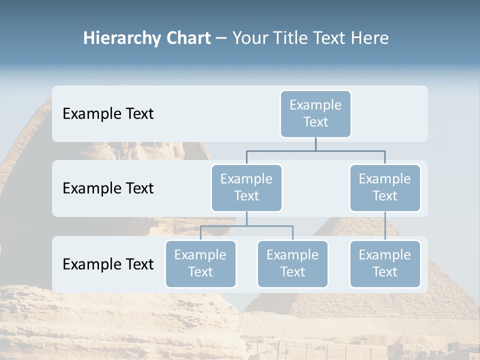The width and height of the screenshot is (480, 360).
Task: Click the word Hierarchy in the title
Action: tap(121, 38)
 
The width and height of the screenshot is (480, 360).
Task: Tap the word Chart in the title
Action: tap(188, 38)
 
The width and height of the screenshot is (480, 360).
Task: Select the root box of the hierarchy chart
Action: tap(315, 113)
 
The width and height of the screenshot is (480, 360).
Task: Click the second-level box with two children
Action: tap(246, 187)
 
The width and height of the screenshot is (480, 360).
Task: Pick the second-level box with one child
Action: tap(385, 187)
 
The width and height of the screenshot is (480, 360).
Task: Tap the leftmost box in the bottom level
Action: tap(200, 263)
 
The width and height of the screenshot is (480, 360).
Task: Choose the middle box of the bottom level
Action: tap(292, 263)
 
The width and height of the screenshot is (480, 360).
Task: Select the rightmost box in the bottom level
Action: tap(385, 263)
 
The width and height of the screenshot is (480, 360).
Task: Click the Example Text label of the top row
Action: tap(108, 113)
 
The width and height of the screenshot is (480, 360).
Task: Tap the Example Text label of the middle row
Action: tap(108, 188)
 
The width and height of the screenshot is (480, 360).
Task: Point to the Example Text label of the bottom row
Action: tap(108, 264)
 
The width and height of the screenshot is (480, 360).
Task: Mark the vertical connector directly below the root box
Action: tap(315, 144)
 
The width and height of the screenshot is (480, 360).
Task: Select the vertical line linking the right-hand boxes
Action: tap(385, 225)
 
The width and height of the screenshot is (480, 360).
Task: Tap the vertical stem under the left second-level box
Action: tap(246, 218)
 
